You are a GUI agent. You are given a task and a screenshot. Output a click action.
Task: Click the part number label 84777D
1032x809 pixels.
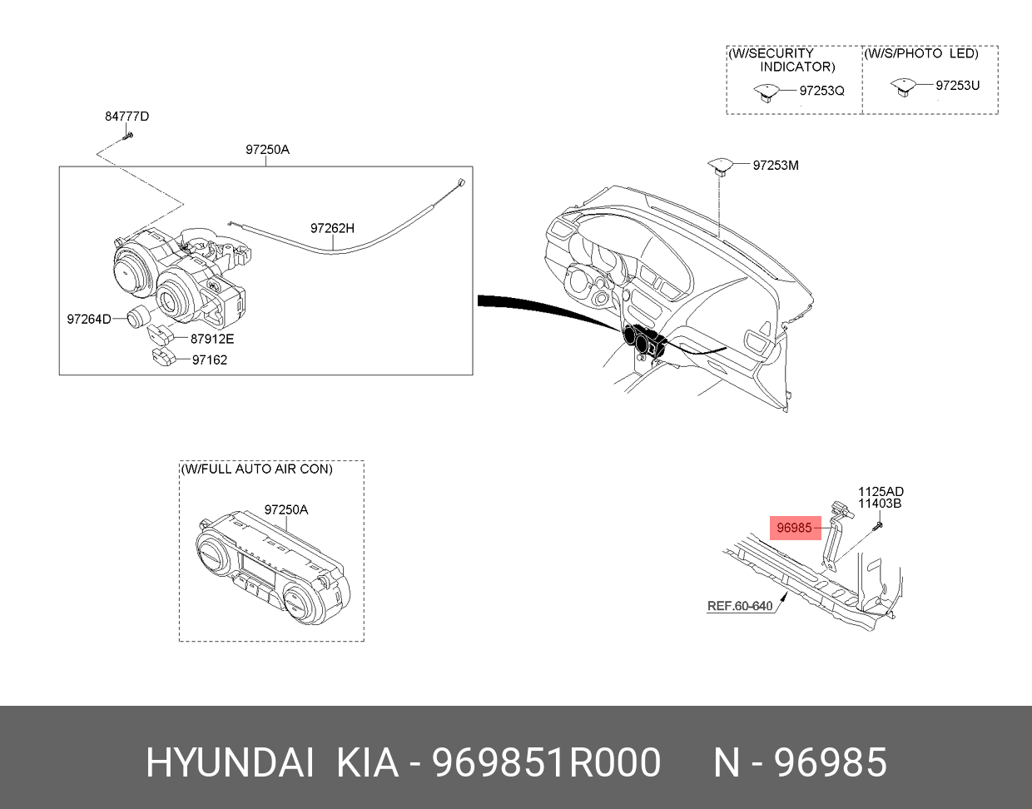[127, 117]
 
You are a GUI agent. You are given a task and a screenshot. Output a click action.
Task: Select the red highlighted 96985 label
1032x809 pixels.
[795, 528]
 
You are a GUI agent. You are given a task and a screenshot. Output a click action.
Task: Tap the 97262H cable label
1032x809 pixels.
[332, 228]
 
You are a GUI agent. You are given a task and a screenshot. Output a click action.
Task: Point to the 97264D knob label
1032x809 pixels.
[89, 319]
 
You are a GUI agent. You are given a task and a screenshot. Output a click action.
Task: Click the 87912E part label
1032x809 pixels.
[212, 339]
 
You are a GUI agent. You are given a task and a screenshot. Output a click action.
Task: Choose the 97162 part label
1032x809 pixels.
[210, 360]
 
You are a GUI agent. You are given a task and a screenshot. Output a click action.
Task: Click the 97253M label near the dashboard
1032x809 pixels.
[776, 166]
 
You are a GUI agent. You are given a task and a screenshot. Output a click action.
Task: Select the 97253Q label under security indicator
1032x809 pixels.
[822, 91]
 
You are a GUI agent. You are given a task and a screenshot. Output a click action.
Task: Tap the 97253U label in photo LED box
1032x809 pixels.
[957, 86]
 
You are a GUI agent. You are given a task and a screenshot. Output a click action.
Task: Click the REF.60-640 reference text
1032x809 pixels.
[740, 606]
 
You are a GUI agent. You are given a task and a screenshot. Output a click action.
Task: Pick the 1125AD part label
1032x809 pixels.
[881, 492]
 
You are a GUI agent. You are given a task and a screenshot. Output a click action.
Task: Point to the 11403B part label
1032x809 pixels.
[880, 504]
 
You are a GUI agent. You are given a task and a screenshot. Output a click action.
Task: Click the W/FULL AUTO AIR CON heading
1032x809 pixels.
[257, 469]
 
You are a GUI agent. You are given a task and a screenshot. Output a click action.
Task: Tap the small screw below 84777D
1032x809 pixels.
[127, 136]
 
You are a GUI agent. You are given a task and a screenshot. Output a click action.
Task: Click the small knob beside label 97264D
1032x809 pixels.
[138, 316]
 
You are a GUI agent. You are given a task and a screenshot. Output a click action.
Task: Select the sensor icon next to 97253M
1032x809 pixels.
[720, 166]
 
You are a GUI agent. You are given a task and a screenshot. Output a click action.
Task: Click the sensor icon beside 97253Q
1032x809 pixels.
[767, 92]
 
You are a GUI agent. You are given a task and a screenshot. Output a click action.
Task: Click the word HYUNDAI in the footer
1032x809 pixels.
[230, 763]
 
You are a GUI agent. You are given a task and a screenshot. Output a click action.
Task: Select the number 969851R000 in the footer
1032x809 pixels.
[546, 763]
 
